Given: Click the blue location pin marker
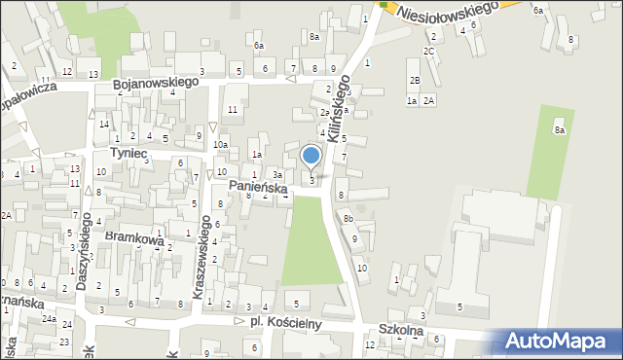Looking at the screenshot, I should coord(311,157).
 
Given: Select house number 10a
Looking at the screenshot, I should coord(221,145).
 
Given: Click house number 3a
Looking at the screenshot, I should coord(277,174).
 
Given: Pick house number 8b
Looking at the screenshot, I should coord(348,219).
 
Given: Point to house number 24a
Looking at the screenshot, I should coord(49,319).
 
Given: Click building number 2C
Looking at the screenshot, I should coord(428,51).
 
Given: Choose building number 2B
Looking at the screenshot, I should coord(414,80).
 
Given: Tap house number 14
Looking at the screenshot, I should coord(103,124).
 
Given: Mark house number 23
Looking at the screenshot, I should coord(63,342).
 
